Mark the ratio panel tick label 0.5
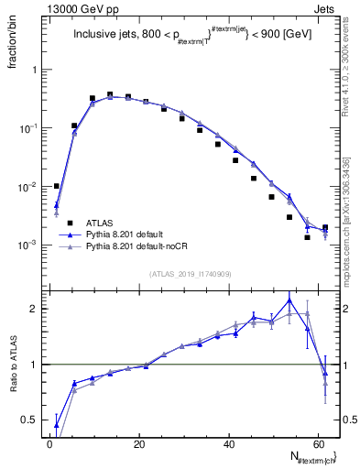coord(29,420)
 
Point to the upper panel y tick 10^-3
coord(27,245)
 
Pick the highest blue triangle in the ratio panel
coord(289,300)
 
